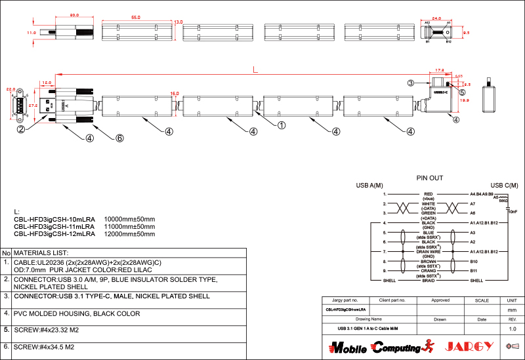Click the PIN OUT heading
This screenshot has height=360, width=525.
(x=429, y=178)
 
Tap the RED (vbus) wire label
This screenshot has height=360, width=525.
(x=429, y=196)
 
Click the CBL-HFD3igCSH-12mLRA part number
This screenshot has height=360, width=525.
(x=54, y=233)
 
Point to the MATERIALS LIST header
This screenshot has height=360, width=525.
(x=41, y=252)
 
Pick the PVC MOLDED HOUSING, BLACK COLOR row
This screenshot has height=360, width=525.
(x=77, y=313)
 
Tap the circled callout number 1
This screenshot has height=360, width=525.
(x=282, y=125)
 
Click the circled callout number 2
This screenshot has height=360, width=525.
(x=21, y=129)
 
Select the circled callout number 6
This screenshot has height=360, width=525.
(x=119, y=138)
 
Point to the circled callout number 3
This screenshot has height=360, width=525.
(x=410, y=83)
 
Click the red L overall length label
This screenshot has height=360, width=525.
(x=256, y=69)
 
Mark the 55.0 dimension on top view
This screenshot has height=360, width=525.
(x=136, y=18)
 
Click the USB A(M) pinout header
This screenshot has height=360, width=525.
(x=369, y=186)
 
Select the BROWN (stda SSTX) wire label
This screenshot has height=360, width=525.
(x=429, y=263)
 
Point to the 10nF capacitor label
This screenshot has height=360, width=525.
(x=512, y=212)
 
